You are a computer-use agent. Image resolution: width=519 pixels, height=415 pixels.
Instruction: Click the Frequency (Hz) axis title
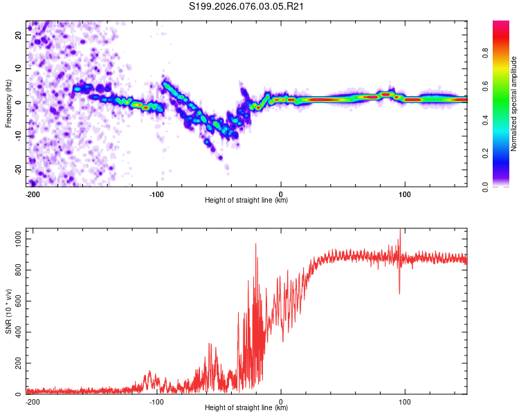(8, 104)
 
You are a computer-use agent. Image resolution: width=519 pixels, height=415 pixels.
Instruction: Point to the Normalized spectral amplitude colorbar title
(514, 104)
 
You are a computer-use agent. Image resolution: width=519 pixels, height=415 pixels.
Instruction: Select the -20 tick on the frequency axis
(17, 169)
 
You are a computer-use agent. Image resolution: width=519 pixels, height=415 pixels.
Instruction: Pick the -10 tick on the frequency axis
(17, 136)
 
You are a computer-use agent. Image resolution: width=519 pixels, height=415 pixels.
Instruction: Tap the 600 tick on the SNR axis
(16, 301)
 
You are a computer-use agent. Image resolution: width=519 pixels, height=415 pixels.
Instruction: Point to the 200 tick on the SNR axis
(16, 363)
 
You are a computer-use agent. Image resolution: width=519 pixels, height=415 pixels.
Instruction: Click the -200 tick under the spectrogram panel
(32, 193)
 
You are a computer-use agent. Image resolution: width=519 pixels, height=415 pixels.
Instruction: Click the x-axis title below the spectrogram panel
(246, 201)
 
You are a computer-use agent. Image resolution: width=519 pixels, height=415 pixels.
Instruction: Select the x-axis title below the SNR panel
(246, 408)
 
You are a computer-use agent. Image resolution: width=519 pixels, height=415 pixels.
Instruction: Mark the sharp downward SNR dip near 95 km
(399, 293)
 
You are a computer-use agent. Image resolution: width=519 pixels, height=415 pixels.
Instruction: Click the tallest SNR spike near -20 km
(256, 244)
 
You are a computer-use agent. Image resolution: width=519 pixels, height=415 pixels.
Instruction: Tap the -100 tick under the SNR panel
(156, 401)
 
